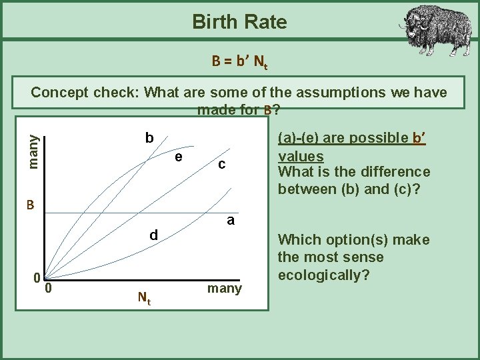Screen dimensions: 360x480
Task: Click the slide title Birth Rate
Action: [239, 22]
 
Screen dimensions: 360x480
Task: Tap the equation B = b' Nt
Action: [239, 62]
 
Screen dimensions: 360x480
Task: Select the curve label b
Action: [150, 138]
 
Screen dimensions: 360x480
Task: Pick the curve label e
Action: [178, 157]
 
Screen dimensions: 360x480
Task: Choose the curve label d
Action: [153, 235]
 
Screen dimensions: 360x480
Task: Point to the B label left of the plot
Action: [31, 204]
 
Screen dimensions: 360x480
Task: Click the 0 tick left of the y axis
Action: [39, 277]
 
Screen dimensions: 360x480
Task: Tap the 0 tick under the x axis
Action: [49, 288]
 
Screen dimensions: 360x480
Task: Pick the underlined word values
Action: [301, 156]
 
